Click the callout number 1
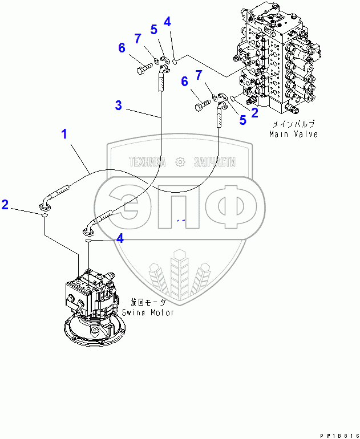[64, 135]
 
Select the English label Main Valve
[293, 134]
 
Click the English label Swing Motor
[147, 312]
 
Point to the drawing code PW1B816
[338, 435]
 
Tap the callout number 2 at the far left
[5, 205]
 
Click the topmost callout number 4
[167, 22]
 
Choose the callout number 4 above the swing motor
[120, 239]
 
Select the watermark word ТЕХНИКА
[147, 162]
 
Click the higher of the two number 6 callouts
[122, 48]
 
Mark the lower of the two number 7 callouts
[199, 75]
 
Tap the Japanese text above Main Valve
[293, 124]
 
